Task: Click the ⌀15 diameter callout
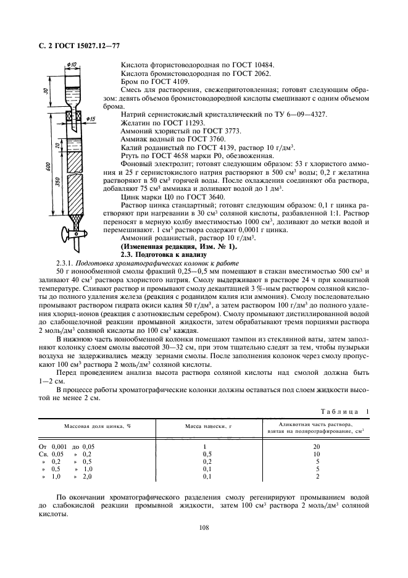pyautogui.click(x=91, y=119)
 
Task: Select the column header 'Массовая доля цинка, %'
pyautogui.click(x=96, y=427)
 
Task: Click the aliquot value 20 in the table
pyautogui.click(x=317, y=445)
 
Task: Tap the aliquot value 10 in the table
pyautogui.click(x=317, y=453)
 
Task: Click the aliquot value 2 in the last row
pyautogui.click(x=317, y=476)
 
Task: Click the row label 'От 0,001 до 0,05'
pyautogui.click(x=69, y=445)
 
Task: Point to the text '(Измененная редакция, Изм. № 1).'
pyautogui.click(x=170, y=246)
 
